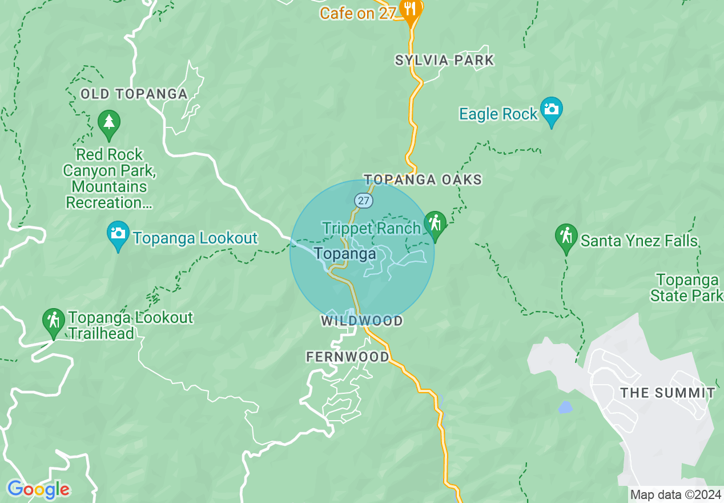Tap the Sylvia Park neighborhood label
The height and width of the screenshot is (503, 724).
pos(444,60)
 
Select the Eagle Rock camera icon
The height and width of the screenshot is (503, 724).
pos(552,109)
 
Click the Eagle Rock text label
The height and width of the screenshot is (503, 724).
pos(498,114)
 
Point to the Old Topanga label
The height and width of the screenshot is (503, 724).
pos(134,94)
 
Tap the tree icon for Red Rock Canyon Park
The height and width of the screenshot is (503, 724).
pos(108,122)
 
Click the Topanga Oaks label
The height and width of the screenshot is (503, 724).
pos(423,180)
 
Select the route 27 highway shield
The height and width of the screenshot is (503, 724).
pos(363,201)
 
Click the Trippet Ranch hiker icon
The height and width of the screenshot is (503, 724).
pos(435,223)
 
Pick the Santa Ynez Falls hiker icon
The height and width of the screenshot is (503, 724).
pos(566,235)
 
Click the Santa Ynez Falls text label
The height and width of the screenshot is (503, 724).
pos(639,241)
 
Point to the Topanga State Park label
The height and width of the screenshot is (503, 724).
pos(687,288)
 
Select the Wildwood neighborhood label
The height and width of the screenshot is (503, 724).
pos(362,321)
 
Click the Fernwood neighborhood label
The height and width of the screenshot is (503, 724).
pos(348,357)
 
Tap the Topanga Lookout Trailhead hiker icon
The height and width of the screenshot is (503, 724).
pos(54,321)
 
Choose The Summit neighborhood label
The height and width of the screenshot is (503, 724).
pos(667,393)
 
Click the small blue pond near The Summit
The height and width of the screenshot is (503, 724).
pos(565,407)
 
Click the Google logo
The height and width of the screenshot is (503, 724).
pos(38,490)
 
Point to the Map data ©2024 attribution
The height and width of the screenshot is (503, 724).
pos(675,494)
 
